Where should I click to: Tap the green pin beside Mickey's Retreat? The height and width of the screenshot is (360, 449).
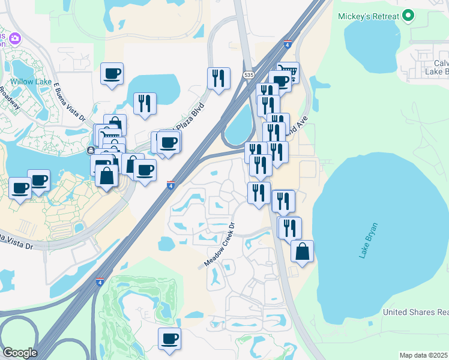408,16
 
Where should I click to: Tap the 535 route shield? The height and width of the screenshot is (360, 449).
249,74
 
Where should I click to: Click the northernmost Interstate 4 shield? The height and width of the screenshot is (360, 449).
288,44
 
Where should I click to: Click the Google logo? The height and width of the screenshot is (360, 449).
20,353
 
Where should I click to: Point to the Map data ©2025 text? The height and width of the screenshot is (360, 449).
424,355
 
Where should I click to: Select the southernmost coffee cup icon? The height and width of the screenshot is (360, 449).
169,339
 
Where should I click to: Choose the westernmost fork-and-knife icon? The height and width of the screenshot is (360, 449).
145,104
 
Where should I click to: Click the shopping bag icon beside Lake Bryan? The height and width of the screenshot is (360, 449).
302,251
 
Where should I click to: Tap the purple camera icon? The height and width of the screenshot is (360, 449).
14,38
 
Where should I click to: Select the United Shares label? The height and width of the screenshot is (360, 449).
416,313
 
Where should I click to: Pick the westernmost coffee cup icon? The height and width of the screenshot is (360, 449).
20,188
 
